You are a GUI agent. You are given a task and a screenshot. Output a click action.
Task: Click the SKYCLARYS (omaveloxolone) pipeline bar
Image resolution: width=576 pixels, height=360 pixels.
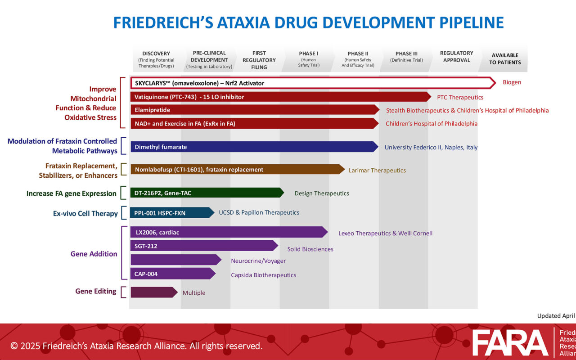click(x=313, y=83)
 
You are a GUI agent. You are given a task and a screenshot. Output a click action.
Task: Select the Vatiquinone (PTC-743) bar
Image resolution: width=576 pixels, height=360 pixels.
click(x=281, y=97)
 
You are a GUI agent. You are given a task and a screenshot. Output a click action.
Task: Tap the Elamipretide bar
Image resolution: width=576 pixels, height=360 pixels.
click(x=255, y=110)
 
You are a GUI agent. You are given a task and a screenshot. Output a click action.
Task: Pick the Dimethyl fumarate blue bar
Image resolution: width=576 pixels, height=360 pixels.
click(x=254, y=147)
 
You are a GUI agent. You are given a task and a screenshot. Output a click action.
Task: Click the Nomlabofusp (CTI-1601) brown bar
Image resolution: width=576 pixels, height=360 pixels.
click(x=238, y=170)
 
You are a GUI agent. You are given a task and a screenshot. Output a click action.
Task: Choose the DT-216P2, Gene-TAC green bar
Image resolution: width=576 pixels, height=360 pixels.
click(x=207, y=193)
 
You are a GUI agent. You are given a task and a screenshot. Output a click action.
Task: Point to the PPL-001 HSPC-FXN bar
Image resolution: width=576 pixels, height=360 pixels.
click(x=172, y=213)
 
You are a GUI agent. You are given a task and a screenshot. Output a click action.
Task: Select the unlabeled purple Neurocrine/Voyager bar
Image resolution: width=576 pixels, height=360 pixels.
click(x=176, y=260)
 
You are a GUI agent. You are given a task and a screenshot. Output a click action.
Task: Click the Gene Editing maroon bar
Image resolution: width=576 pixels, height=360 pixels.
click(x=154, y=292)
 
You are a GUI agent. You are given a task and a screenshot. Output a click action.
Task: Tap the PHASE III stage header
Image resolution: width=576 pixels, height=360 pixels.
click(x=406, y=57)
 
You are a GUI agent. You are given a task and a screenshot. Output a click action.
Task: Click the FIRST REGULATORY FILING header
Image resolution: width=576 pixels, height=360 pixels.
click(x=259, y=60)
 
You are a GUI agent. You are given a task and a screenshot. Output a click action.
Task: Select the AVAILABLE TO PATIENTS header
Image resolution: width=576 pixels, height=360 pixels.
click(x=505, y=58)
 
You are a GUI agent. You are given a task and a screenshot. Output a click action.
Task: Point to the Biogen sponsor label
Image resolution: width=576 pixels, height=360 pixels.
click(x=512, y=82)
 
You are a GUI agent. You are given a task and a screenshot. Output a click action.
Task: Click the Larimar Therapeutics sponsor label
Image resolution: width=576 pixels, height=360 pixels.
click(x=377, y=170)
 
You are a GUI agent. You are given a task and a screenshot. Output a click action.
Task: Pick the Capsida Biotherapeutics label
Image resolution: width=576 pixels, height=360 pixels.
click(x=263, y=275)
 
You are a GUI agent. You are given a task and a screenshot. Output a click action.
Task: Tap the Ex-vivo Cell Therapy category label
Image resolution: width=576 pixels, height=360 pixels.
click(x=85, y=213)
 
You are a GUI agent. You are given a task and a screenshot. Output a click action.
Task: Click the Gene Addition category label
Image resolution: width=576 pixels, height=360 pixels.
click(x=94, y=254)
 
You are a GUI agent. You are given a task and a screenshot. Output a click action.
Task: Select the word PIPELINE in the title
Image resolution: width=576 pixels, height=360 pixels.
click(x=471, y=22)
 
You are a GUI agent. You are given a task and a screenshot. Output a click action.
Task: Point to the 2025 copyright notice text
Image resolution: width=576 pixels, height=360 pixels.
click(x=136, y=346)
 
